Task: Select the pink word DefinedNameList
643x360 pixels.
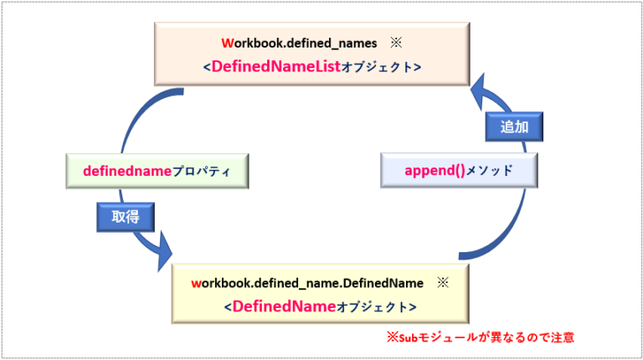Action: coord(274,66)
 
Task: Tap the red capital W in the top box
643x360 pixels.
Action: coord(226,42)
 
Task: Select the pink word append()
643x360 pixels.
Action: coord(435,170)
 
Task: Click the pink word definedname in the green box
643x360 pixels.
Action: coord(126,170)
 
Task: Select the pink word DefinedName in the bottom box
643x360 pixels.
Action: coord(284,307)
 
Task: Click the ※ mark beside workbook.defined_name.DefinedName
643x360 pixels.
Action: coord(443,283)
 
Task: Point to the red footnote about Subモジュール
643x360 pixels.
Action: coord(480,338)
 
